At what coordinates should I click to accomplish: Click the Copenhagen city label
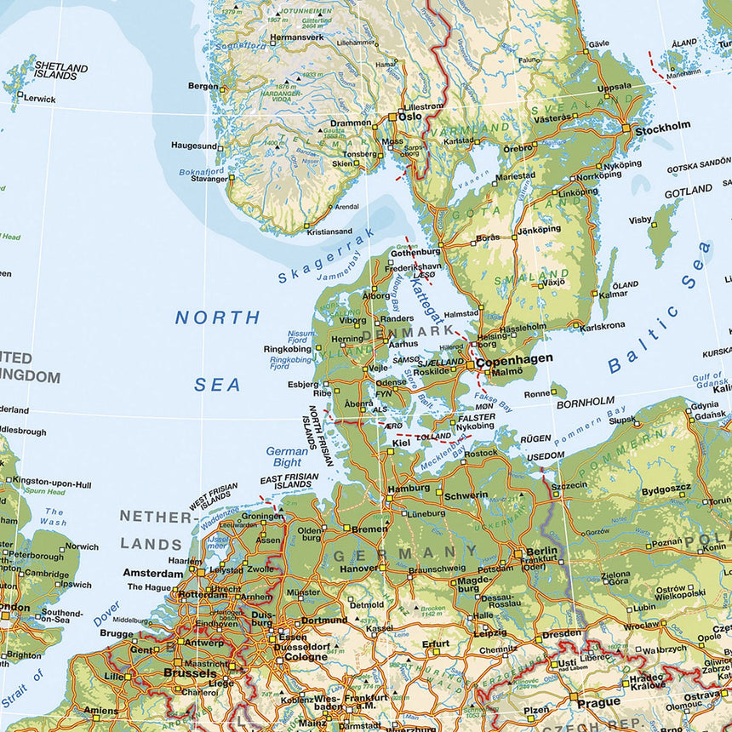(x=513, y=359)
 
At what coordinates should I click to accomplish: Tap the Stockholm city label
(x=662, y=126)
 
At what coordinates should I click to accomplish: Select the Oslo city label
(x=409, y=117)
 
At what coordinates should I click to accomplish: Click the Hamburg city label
(x=409, y=489)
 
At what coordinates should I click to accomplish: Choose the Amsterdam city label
(x=152, y=573)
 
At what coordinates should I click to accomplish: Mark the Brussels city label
(x=189, y=672)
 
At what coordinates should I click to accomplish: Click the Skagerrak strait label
(x=314, y=256)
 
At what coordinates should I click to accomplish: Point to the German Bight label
(x=287, y=456)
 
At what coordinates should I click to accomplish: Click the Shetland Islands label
(x=60, y=71)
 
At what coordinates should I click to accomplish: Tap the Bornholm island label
(x=585, y=401)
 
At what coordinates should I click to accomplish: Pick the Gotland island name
(x=688, y=192)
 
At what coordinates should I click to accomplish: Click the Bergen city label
(x=203, y=86)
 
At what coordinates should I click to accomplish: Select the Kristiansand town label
(x=329, y=231)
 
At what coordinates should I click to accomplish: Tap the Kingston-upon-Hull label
(x=52, y=483)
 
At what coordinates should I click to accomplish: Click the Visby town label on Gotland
(x=640, y=220)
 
